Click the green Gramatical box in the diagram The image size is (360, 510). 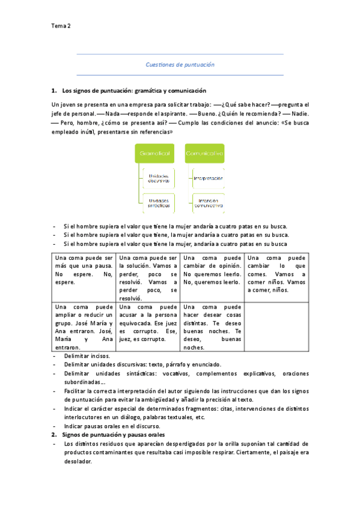(x=156, y=154)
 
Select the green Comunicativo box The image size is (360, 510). (x=204, y=154)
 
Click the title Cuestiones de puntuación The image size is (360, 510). (x=180, y=64)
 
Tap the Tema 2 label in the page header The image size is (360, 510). (x=61, y=26)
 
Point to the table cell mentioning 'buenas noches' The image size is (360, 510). (x=212, y=327)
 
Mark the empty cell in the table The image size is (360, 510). (x=276, y=327)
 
